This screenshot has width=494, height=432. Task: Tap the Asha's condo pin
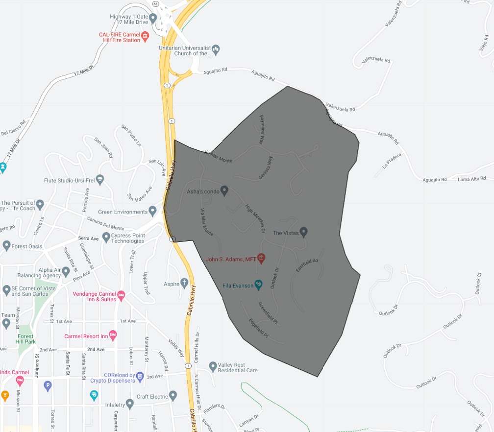(x=224, y=190)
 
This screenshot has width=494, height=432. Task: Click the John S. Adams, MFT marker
(x=261, y=258)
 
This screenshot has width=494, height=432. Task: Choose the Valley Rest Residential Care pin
(x=213, y=366)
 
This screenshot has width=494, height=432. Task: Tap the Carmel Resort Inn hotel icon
(x=113, y=336)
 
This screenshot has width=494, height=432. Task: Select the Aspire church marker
(x=184, y=283)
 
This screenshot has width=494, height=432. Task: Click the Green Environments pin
(x=153, y=211)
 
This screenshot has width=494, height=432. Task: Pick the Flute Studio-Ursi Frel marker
(x=100, y=179)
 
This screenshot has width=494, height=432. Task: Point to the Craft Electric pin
(x=173, y=395)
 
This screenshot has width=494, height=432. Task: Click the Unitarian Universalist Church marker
(x=216, y=49)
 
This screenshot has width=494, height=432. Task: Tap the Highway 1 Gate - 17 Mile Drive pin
(x=153, y=19)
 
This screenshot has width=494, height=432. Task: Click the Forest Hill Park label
(x=26, y=339)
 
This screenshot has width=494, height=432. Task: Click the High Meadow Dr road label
(x=255, y=218)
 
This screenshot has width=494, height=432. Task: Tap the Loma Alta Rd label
(x=470, y=179)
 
